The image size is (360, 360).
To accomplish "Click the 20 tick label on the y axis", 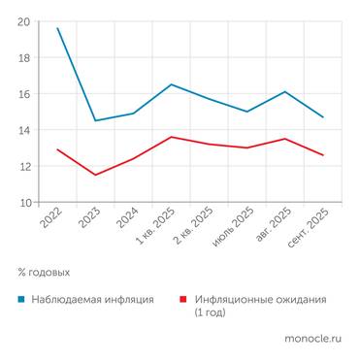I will [23, 21].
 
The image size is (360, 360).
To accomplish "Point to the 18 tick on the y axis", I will [23, 57].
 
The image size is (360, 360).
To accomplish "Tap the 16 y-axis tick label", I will [23, 94].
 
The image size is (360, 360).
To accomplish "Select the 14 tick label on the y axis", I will [23, 130].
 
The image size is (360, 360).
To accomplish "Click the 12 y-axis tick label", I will [23, 167].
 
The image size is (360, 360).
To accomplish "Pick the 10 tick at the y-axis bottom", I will [23, 203].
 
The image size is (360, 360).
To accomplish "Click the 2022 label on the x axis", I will [52, 221].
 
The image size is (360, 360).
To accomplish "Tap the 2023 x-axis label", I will [90, 221].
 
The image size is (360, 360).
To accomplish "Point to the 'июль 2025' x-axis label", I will [236, 228].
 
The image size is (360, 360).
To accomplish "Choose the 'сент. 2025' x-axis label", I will [311, 229].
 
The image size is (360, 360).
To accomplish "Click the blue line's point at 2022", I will [58, 28].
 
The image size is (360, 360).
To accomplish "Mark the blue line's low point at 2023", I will [95, 120].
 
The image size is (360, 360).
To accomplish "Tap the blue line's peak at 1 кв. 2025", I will [171, 84].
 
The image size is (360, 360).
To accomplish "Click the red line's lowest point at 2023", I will [95, 175].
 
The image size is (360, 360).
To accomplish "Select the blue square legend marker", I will [22, 300].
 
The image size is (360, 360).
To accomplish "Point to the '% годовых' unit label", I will [44, 273].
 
